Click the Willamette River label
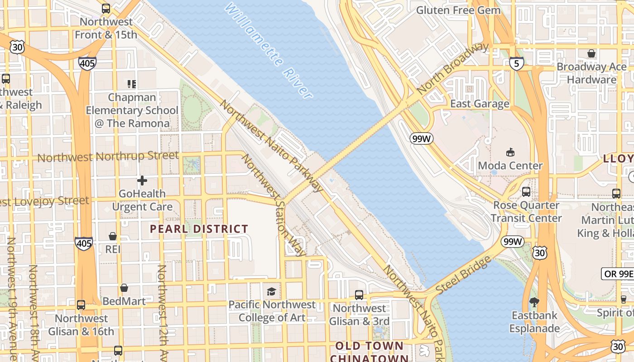268,51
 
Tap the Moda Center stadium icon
510,152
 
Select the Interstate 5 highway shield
517,63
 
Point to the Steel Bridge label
463,275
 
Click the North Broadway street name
452,68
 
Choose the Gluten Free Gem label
458,10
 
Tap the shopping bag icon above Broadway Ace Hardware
591,54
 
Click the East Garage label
480,104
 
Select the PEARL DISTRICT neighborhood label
199,229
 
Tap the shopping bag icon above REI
113,236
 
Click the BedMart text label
124,301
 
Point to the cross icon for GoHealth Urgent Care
142,181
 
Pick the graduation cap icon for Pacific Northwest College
271,291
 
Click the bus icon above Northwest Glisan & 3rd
359,295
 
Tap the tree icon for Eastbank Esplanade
534,302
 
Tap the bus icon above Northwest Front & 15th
106,9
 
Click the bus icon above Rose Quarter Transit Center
526,191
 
